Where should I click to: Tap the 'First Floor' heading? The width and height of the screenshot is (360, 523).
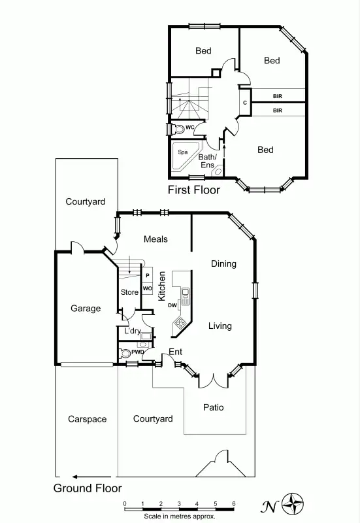(x=194, y=190)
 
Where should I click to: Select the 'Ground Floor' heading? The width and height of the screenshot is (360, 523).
(x=88, y=488)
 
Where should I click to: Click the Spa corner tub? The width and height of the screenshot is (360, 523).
(x=184, y=154)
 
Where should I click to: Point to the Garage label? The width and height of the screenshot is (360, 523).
(x=86, y=308)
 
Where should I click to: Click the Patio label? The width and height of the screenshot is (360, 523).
(x=213, y=407)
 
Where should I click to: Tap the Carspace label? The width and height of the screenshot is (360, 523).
(x=87, y=419)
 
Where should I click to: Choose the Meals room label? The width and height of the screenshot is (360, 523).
(x=155, y=239)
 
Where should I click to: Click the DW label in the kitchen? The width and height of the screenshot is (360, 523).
(x=172, y=305)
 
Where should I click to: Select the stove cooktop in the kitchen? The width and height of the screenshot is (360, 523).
(x=180, y=323)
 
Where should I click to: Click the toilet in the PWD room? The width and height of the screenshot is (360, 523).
(x=125, y=352)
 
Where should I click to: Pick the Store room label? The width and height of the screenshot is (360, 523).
(x=129, y=292)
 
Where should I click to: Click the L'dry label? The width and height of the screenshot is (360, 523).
(x=133, y=331)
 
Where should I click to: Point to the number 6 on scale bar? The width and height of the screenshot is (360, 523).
(x=234, y=503)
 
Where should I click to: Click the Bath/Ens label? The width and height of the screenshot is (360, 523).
(x=207, y=161)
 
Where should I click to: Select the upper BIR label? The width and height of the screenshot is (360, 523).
(x=278, y=96)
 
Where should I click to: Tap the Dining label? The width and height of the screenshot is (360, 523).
(x=223, y=264)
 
